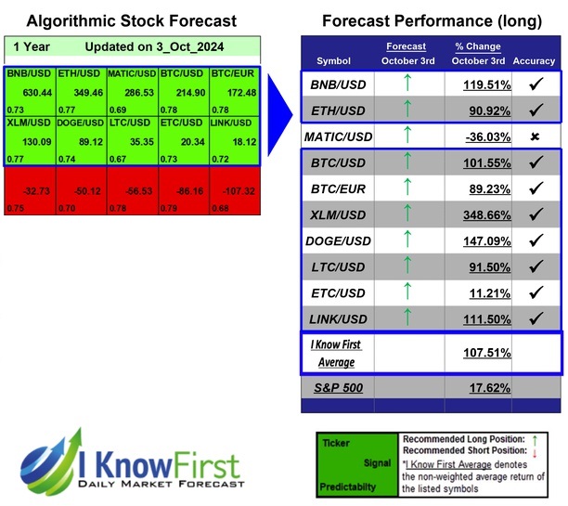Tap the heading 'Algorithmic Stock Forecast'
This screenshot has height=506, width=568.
(131, 20)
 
